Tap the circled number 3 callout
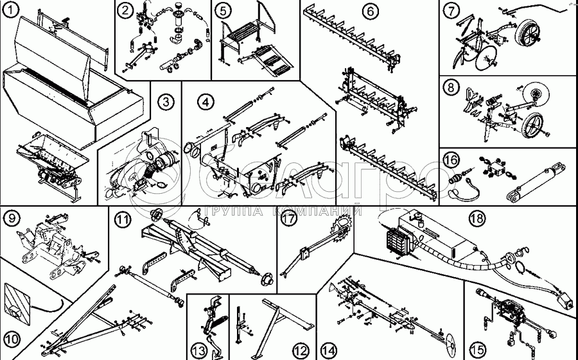pos(166,101)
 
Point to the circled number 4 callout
pos(206,101)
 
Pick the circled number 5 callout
pos(222,10)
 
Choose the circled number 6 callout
pos(370,11)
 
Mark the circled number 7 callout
pos(453,10)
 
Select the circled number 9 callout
pos(12,218)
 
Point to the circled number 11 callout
pos(122,219)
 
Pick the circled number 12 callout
pos(300,350)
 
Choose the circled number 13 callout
pos(198,350)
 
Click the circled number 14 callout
pos(329,350)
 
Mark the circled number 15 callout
pos(477,350)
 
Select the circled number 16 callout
pos(452,159)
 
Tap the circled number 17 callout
pos(289,219)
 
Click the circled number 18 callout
pos(475,219)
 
